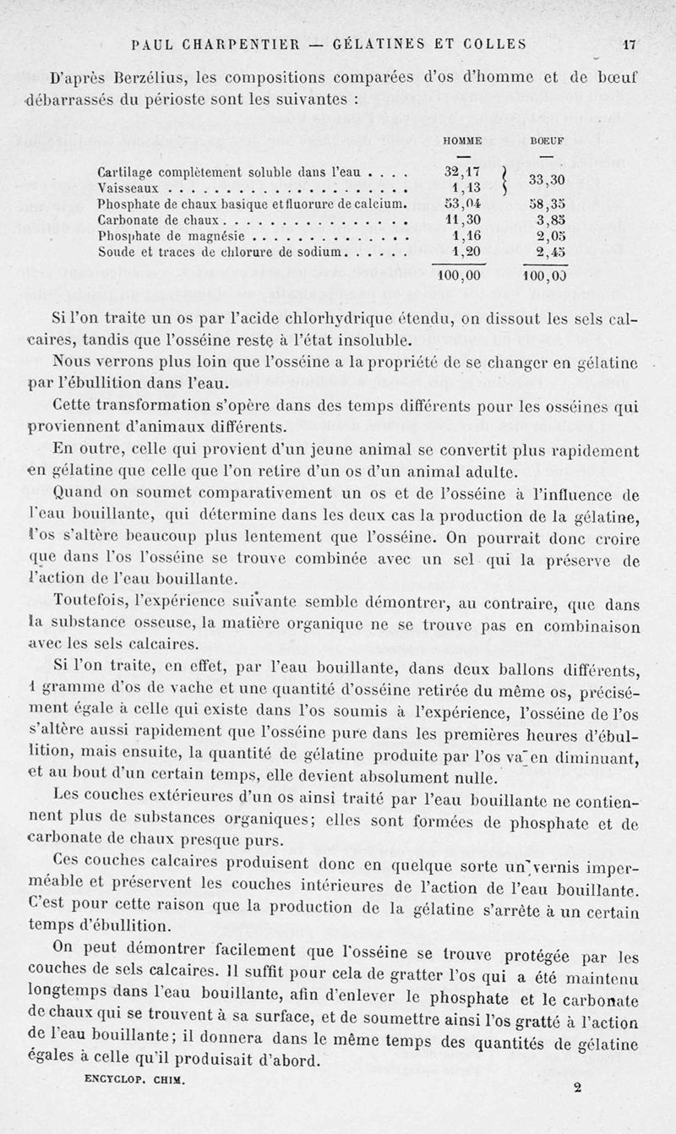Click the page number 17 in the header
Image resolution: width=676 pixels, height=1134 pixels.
pyautogui.click(x=629, y=45)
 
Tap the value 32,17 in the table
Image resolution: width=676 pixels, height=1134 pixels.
pyautogui.click(x=461, y=173)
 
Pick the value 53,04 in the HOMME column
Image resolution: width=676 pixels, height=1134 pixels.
pyautogui.click(x=461, y=204)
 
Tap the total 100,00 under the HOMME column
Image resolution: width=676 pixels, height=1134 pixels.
pyautogui.click(x=458, y=275)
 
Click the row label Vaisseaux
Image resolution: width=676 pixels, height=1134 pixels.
pyautogui.click(x=126, y=189)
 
